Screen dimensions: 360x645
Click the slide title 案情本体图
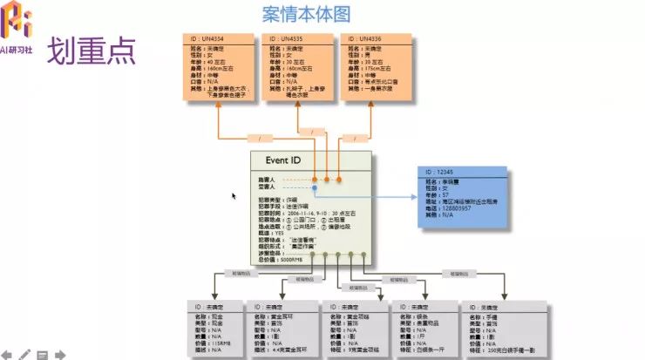point(306,14)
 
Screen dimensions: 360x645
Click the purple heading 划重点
point(91,51)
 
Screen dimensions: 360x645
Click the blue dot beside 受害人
point(315,187)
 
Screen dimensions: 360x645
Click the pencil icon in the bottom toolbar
point(25,354)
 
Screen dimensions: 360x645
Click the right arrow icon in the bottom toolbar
point(59,354)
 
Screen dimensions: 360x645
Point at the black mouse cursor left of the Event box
point(234,196)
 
